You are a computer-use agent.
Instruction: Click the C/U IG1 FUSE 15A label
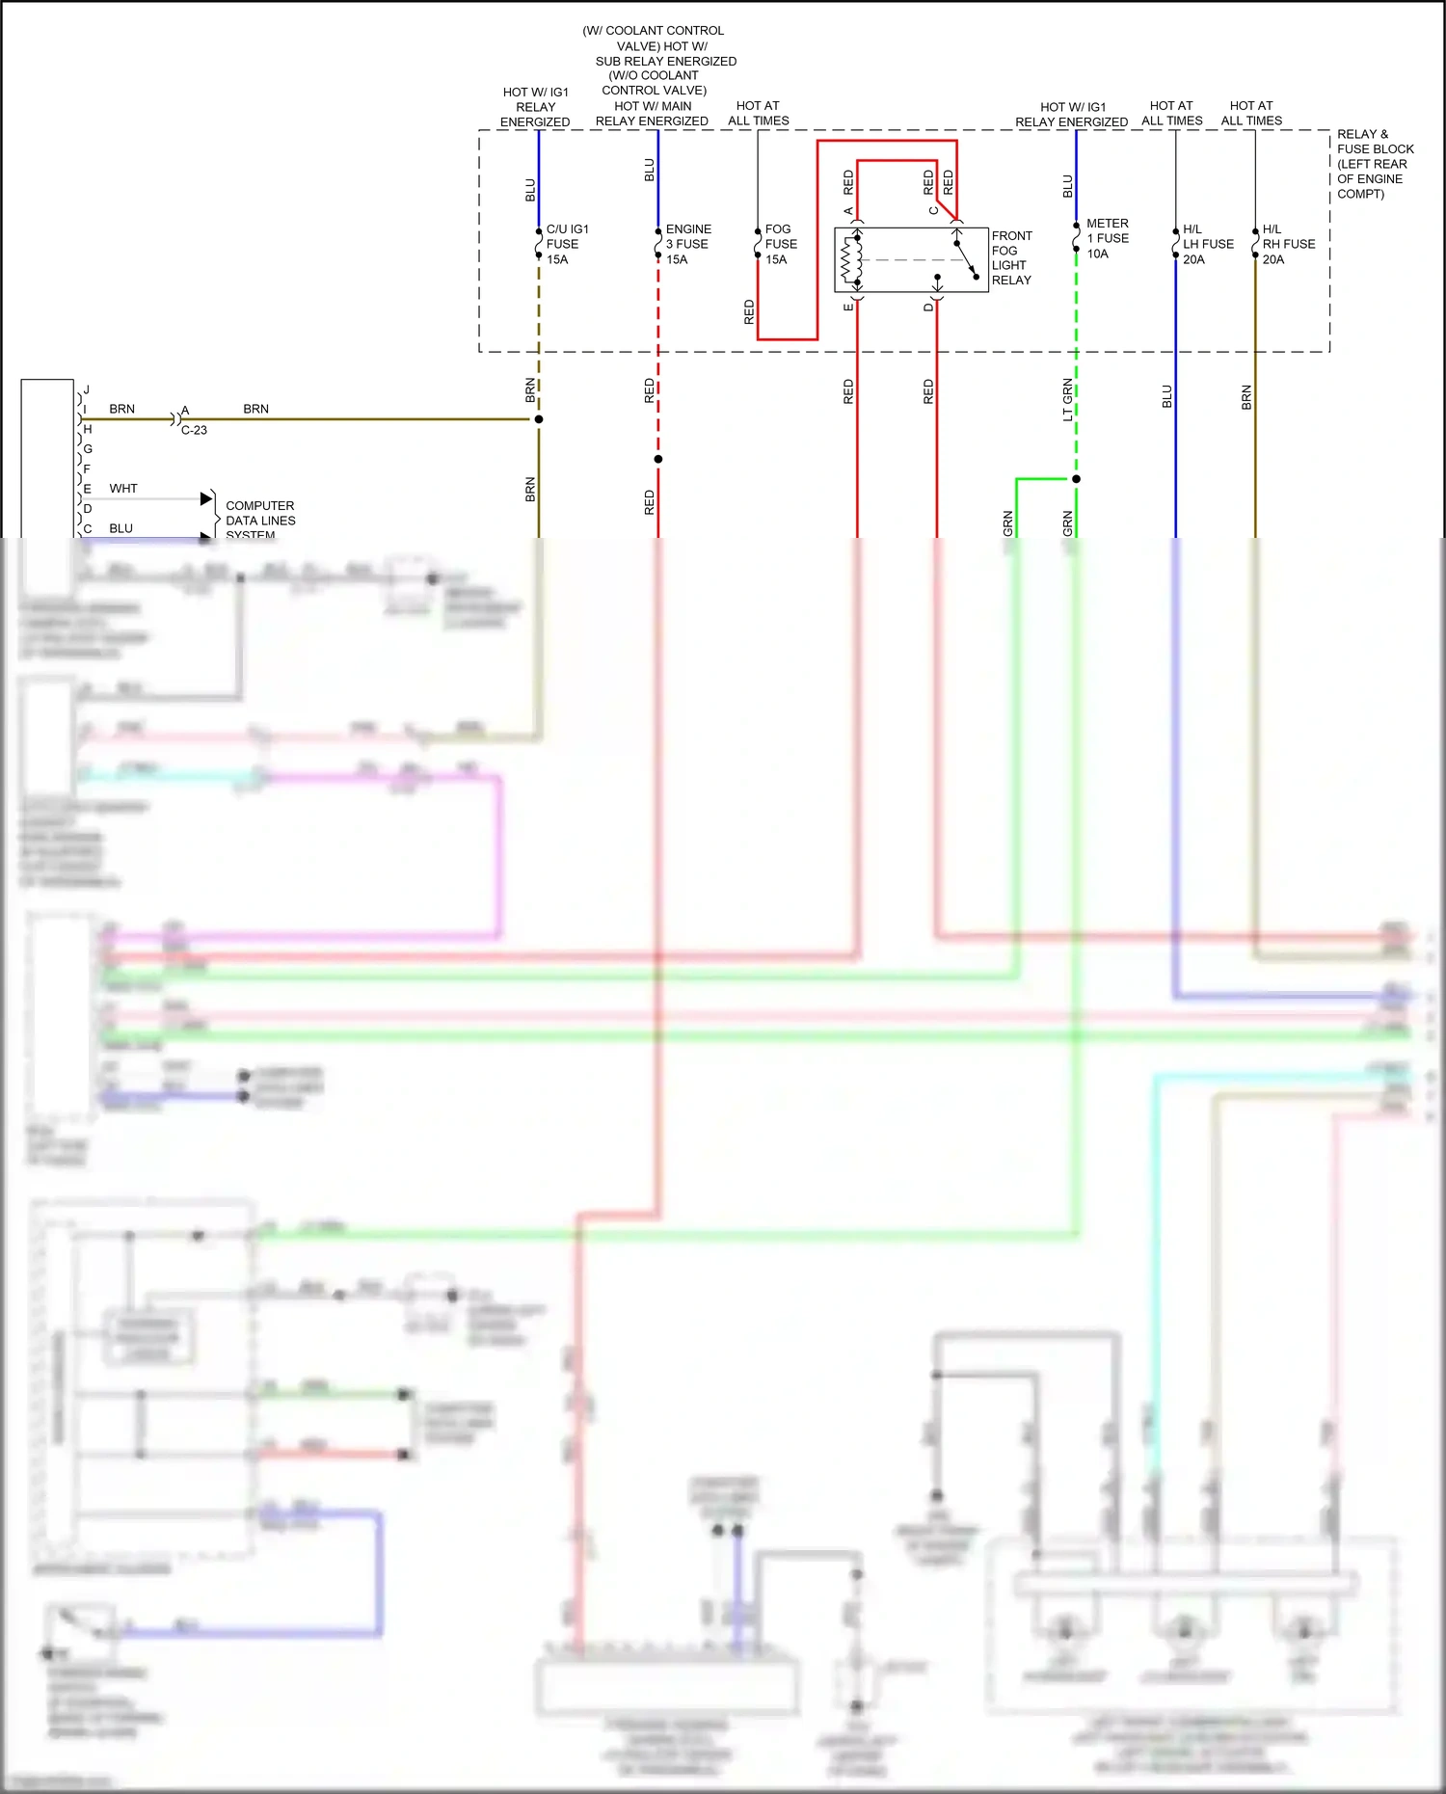pyautogui.click(x=566, y=244)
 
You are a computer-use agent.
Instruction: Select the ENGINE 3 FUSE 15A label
pyautogui.click(x=687, y=244)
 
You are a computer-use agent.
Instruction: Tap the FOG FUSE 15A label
pyautogui.click(x=780, y=244)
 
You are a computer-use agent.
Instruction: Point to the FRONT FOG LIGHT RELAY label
pyautogui.click(x=1011, y=257)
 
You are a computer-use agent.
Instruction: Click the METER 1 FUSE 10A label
pyautogui.click(x=1107, y=238)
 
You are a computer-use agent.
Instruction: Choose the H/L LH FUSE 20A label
pyautogui.click(x=1207, y=244)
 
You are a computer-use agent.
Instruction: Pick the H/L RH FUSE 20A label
pyautogui.click(x=1288, y=244)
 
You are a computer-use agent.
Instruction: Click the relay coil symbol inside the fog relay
pyautogui.click(x=850, y=258)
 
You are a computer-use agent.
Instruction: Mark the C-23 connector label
pyautogui.click(x=194, y=430)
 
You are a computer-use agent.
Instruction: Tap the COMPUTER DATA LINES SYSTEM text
pyautogui.click(x=259, y=520)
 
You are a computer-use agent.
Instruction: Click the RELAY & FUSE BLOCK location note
pyautogui.click(x=1374, y=164)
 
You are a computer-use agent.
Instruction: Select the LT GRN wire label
pyautogui.click(x=1067, y=399)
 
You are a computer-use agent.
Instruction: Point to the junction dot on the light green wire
pyautogui.click(x=1076, y=479)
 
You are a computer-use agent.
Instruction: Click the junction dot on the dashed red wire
pyautogui.click(x=658, y=459)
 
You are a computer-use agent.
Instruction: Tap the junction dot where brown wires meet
pyautogui.click(x=539, y=419)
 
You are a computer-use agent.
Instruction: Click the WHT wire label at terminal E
pyautogui.click(x=123, y=489)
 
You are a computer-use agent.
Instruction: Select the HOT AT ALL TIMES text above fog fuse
pyautogui.click(x=758, y=113)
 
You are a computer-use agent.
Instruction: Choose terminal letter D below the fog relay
pyautogui.click(x=928, y=308)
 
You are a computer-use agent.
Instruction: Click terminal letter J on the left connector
pyautogui.click(x=87, y=389)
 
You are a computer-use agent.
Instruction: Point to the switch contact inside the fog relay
pyautogui.click(x=965, y=259)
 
